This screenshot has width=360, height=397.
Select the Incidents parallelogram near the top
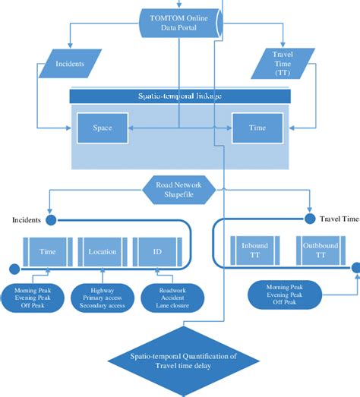(x=69, y=65)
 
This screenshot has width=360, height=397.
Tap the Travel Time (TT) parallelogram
(x=283, y=63)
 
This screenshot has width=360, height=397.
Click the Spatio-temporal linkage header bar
(x=182, y=96)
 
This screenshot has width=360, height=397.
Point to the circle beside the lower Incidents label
(x=51, y=220)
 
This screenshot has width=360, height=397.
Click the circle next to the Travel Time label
(x=310, y=219)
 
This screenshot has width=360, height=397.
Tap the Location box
(x=102, y=251)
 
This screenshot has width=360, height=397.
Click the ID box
(x=156, y=251)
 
